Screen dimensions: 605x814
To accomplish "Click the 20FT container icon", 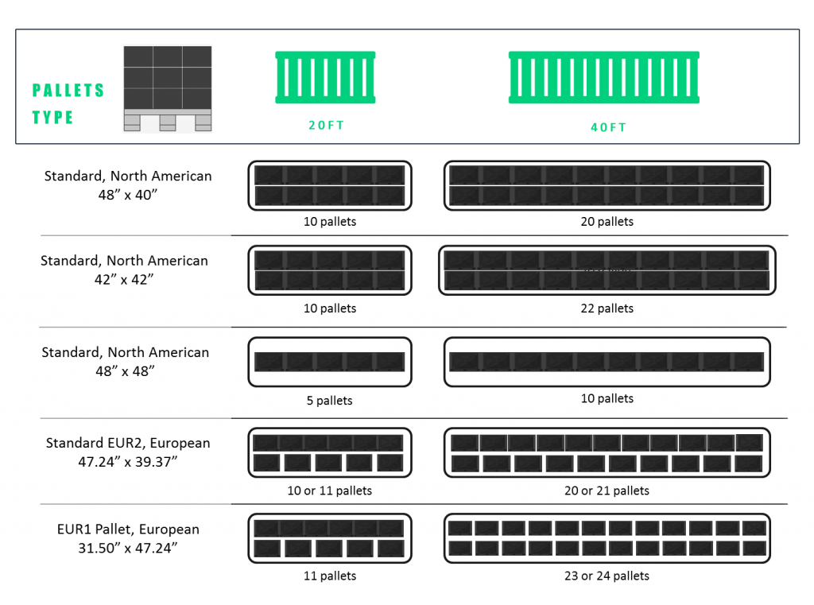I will tap(325, 78).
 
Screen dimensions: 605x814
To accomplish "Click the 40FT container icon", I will tap(604, 78).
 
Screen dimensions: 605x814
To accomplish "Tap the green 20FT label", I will tap(327, 125).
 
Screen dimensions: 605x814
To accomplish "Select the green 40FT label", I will tap(608, 127).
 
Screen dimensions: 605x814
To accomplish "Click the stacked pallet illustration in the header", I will tap(168, 88).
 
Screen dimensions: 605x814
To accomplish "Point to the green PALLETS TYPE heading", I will tap(68, 103).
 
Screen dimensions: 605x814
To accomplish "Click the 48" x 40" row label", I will tap(128, 184).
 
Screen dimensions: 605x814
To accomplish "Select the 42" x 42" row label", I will tap(124, 269).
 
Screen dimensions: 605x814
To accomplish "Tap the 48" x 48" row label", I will tap(126, 361).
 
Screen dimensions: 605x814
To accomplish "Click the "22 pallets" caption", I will tap(607, 308).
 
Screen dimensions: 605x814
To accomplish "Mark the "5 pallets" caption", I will tap(330, 401).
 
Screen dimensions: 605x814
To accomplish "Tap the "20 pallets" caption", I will tap(607, 222).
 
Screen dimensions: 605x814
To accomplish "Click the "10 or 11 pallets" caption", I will tap(330, 491).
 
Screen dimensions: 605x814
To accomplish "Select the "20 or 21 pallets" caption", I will tap(607, 491).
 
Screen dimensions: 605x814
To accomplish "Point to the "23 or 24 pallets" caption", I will tap(607, 576).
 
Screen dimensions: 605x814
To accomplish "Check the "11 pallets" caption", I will tap(330, 576).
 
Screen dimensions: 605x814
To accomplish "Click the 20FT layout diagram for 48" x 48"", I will tap(330, 362).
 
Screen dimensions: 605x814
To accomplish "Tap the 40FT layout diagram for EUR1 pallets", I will tap(607, 538).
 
